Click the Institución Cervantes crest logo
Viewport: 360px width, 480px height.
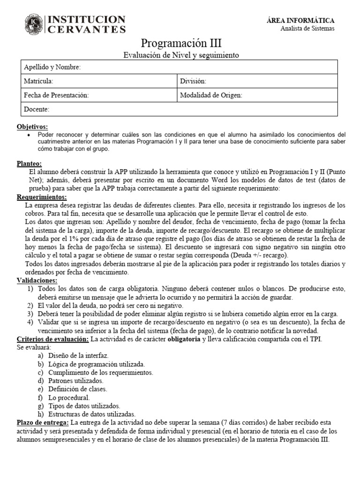[x=35, y=24]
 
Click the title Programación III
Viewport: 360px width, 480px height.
[x=181, y=44]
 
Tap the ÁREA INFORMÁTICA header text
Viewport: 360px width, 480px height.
[x=307, y=21]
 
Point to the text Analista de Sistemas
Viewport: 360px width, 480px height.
[x=307, y=28]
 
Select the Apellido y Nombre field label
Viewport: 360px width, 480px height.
[x=52, y=67]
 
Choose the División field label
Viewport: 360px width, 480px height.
[x=193, y=81]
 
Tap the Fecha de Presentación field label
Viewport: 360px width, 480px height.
[x=56, y=95]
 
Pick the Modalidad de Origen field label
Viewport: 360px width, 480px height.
[x=211, y=95]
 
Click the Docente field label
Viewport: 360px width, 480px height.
[x=36, y=109]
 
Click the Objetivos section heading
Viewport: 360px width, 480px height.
[x=32, y=127]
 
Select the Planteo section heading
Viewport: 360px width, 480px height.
[x=29, y=164]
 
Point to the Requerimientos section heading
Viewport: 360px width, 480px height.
[x=42, y=197]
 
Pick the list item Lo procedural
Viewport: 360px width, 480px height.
[x=69, y=397]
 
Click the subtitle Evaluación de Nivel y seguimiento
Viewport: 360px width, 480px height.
[x=181, y=55]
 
